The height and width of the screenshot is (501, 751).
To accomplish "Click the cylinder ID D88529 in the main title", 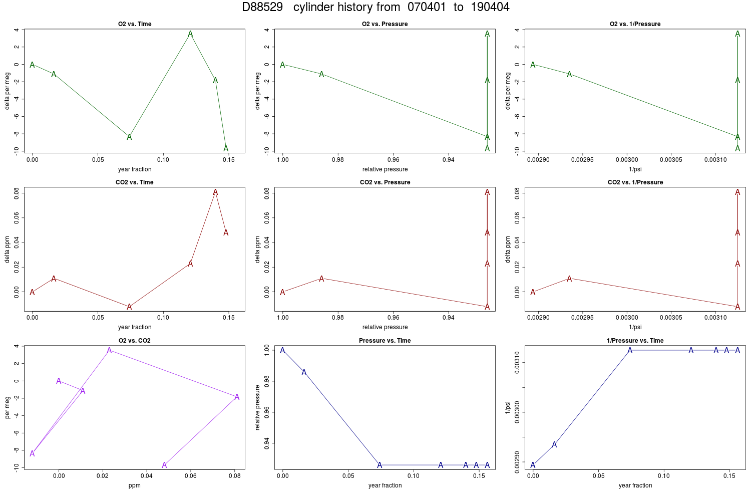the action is tap(262, 7).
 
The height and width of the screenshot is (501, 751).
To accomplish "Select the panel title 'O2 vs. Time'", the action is tap(135, 24).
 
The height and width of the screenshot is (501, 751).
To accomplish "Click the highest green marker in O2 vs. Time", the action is tap(190, 34).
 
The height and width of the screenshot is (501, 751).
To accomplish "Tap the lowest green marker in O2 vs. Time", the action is tap(226, 148).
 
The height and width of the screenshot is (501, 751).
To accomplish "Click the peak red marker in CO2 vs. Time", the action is tap(215, 192).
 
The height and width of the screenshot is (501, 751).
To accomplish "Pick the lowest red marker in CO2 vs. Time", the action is tap(129, 307).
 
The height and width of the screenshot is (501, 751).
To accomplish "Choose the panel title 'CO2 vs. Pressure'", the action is tap(385, 182).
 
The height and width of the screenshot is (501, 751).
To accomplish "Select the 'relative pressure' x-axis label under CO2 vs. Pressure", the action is tap(385, 327).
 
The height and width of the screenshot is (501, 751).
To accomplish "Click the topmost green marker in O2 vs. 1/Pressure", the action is tap(737, 34).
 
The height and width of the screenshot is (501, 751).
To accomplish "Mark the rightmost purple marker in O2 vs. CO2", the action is tap(237, 397).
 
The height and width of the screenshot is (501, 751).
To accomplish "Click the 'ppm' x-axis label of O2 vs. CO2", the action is tap(135, 485).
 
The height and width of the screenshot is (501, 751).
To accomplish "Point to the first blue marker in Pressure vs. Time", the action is tap(283, 350).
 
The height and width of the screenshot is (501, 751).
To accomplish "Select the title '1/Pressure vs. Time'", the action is tap(635, 341).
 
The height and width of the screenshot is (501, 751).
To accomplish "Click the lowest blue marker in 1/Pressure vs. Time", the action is tap(533, 465).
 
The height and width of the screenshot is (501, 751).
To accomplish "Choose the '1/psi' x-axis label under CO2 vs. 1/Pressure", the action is tap(635, 327).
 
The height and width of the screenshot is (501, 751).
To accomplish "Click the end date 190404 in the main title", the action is tap(490, 7).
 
